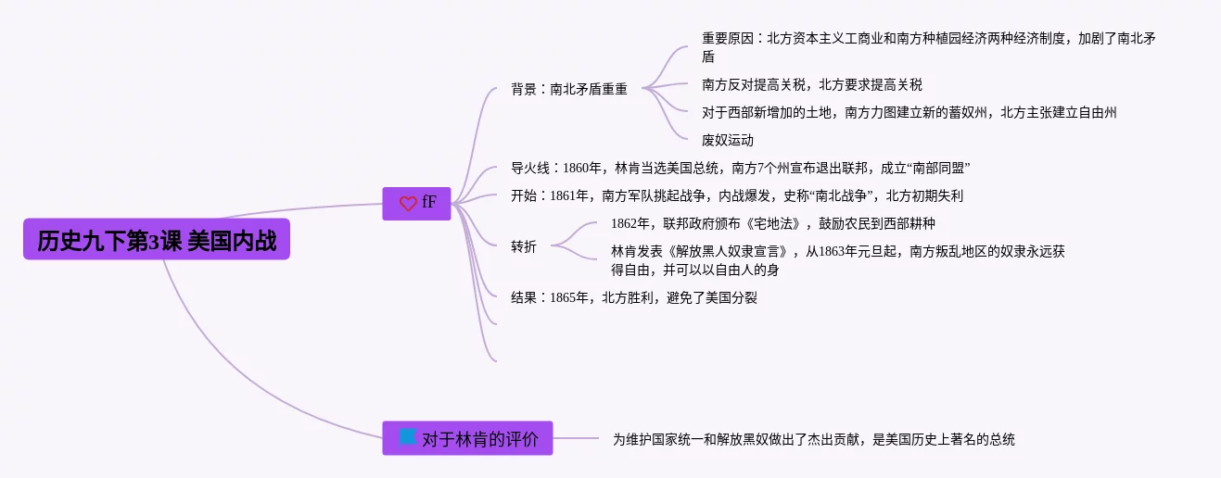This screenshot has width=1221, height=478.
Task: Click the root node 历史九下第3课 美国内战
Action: coord(157,239)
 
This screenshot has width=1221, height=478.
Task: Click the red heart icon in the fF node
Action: coord(408,204)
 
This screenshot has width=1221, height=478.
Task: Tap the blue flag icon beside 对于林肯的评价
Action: coord(407,436)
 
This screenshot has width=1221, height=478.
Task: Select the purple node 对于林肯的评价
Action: coord(467,438)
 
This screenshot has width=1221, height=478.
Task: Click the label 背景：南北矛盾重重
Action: coord(569,89)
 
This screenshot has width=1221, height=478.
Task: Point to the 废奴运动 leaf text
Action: coord(728,141)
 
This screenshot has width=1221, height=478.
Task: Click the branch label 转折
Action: coord(524,246)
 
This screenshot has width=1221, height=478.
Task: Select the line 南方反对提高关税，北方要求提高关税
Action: coord(812,85)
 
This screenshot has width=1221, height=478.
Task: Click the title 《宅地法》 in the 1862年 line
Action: coord(773,224)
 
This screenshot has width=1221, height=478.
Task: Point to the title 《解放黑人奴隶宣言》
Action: coord(728,252)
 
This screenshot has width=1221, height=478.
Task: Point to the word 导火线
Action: coord(529,169)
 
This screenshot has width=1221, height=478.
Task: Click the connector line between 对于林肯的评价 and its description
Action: coord(576,438)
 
